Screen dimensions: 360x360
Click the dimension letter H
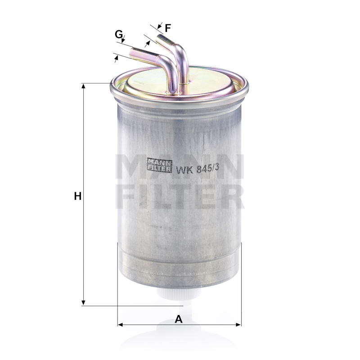pyautogui.click(x=77, y=196)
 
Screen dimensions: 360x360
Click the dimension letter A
pyautogui.click(x=178, y=319)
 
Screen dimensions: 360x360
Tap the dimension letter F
pyautogui.click(x=168, y=28)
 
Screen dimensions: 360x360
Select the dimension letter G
pyautogui.click(x=118, y=35)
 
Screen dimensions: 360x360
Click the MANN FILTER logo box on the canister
pyautogui.click(x=159, y=165)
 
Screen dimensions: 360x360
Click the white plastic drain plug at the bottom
pyautogui.click(x=179, y=293)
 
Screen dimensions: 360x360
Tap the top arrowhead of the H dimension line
pyautogui.click(x=84, y=86)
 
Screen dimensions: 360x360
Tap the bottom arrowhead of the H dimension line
pyautogui.click(x=84, y=303)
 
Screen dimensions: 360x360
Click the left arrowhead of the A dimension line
pyautogui.click(x=120, y=324)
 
